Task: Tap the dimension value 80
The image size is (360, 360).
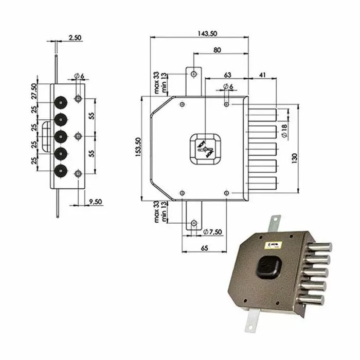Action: tap(218, 50)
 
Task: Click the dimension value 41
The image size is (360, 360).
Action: tap(262, 75)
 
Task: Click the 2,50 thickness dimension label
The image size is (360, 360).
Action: tap(74, 38)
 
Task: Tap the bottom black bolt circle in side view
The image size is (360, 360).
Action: tap(61, 171)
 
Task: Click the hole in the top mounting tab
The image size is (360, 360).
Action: tap(193, 74)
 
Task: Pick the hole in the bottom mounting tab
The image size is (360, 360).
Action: tap(193, 223)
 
